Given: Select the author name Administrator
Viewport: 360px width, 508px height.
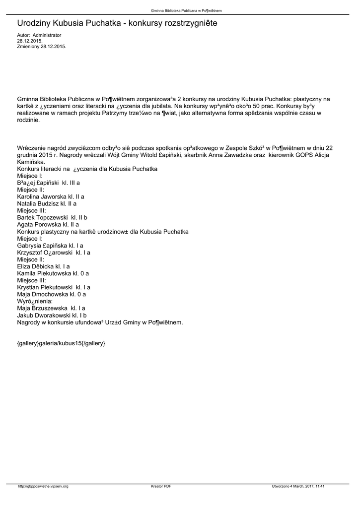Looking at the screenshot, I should [47, 35].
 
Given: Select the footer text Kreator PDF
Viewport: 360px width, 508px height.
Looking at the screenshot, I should [161, 486].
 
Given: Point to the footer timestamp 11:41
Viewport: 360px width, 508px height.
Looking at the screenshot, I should [326, 486].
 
